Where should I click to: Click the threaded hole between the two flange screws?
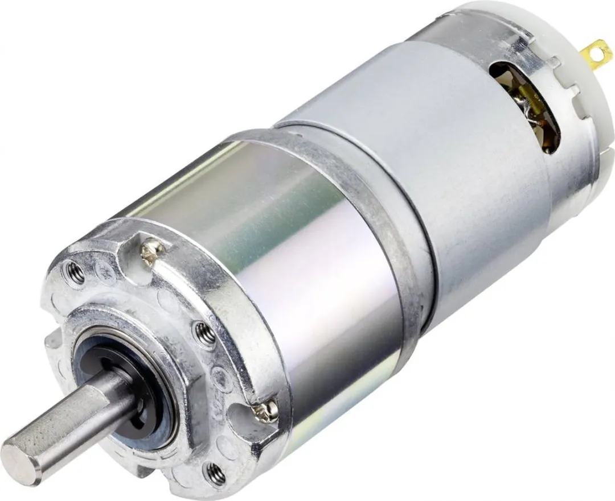click(x=204, y=333)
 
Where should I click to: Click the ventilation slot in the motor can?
click(x=527, y=105)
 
